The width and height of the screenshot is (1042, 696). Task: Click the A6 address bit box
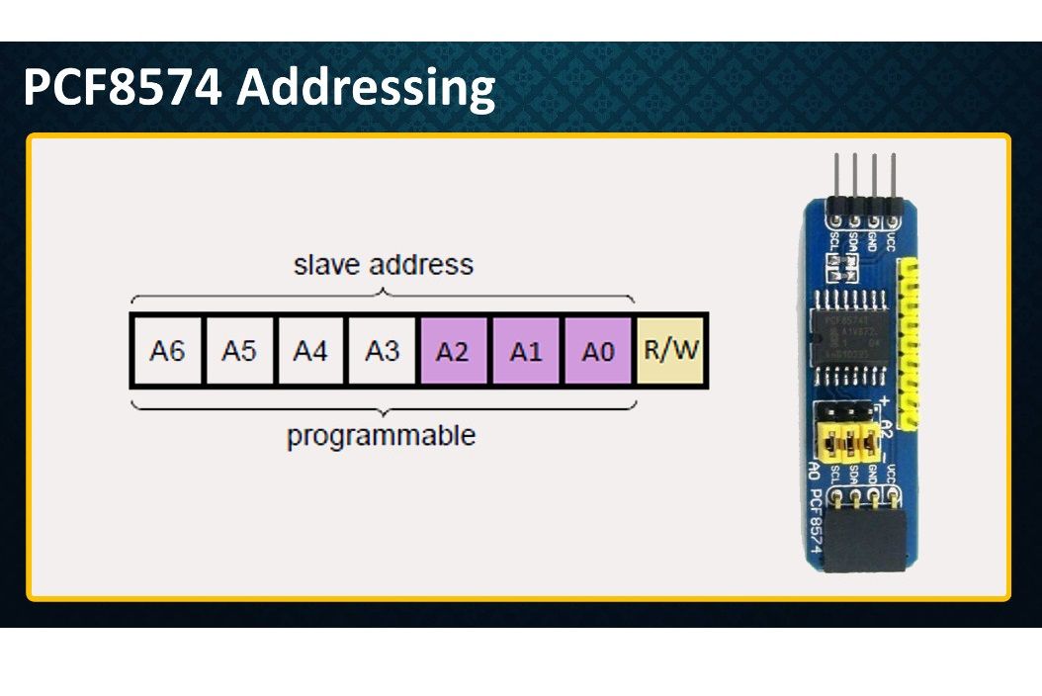pyautogui.click(x=166, y=351)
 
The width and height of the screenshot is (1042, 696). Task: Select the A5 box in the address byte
pyautogui.click(x=238, y=351)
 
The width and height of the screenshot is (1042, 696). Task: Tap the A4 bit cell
pyautogui.click(x=309, y=351)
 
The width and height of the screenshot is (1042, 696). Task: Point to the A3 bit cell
pyautogui.click(x=382, y=351)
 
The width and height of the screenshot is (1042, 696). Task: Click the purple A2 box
pyautogui.click(x=454, y=351)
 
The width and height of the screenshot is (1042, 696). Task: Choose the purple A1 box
pyautogui.click(x=526, y=351)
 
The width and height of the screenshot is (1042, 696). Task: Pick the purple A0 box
pyautogui.click(x=597, y=351)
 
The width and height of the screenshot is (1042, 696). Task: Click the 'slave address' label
pyautogui.click(x=383, y=265)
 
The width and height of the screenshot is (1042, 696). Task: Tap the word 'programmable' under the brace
pyautogui.click(x=381, y=435)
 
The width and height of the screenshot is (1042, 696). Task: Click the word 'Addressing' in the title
pyautogui.click(x=365, y=88)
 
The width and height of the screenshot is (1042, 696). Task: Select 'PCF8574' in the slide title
pyautogui.click(x=122, y=88)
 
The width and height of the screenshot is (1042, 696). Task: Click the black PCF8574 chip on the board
pyautogui.click(x=853, y=334)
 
